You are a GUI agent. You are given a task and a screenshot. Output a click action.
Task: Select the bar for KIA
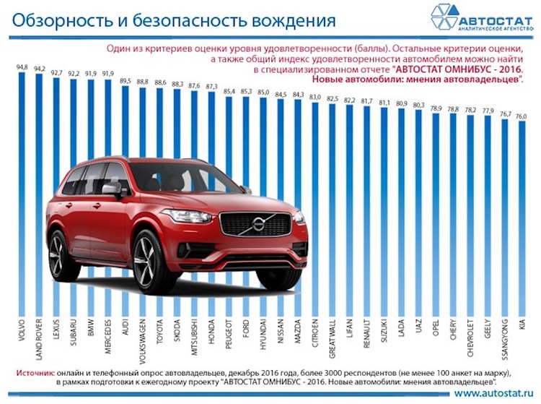522,217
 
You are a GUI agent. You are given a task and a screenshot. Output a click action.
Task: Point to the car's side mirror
113,189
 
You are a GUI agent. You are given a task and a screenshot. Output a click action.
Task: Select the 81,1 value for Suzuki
384,102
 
